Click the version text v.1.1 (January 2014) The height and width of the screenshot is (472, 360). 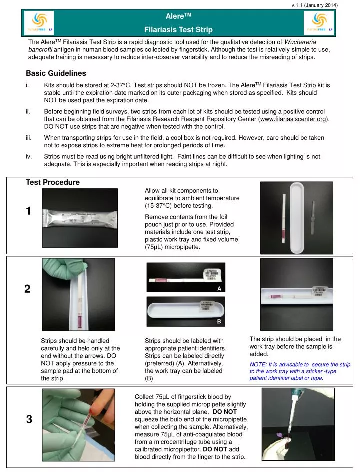click(314, 5)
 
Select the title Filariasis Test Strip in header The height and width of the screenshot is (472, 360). click(179, 29)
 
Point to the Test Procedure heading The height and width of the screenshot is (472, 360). click(52, 182)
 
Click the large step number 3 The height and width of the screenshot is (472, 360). click(29, 420)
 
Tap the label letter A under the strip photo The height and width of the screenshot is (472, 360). click(219, 289)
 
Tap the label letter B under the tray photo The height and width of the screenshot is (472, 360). click(219, 322)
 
